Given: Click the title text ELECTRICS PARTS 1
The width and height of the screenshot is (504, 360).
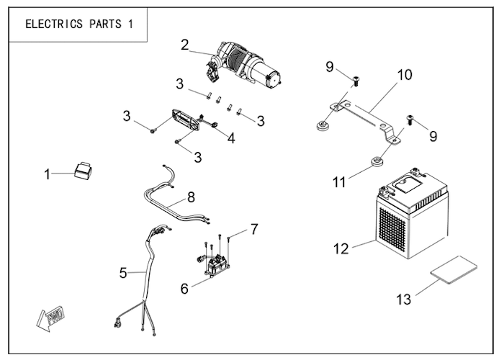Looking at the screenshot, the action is [x=79, y=24].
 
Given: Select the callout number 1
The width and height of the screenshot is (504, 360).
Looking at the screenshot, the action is [x=48, y=174].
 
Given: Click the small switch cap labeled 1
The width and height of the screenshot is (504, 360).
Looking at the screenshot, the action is [x=84, y=171].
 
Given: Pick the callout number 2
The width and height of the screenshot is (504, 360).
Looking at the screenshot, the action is [x=184, y=45].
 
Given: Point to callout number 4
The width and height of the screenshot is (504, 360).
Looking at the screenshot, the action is [x=231, y=138].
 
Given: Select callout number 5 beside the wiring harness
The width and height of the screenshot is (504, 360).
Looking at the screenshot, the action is [x=123, y=273].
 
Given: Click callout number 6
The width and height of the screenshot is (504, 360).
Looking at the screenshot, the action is [x=184, y=289].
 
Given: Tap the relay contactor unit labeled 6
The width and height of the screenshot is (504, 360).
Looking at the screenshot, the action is [x=215, y=264].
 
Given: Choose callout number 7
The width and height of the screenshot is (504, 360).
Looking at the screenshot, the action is [x=254, y=229].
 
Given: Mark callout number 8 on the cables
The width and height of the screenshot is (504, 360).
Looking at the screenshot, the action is [x=191, y=197].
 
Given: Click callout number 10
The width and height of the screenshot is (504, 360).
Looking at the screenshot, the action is [x=405, y=75].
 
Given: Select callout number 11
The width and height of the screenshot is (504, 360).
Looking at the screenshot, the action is [x=339, y=183].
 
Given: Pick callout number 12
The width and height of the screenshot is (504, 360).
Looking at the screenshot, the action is [x=341, y=249].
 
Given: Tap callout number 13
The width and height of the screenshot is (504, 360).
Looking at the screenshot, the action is [x=404, y=300].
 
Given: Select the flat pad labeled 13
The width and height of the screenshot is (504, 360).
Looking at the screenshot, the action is [x=454, y=269].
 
